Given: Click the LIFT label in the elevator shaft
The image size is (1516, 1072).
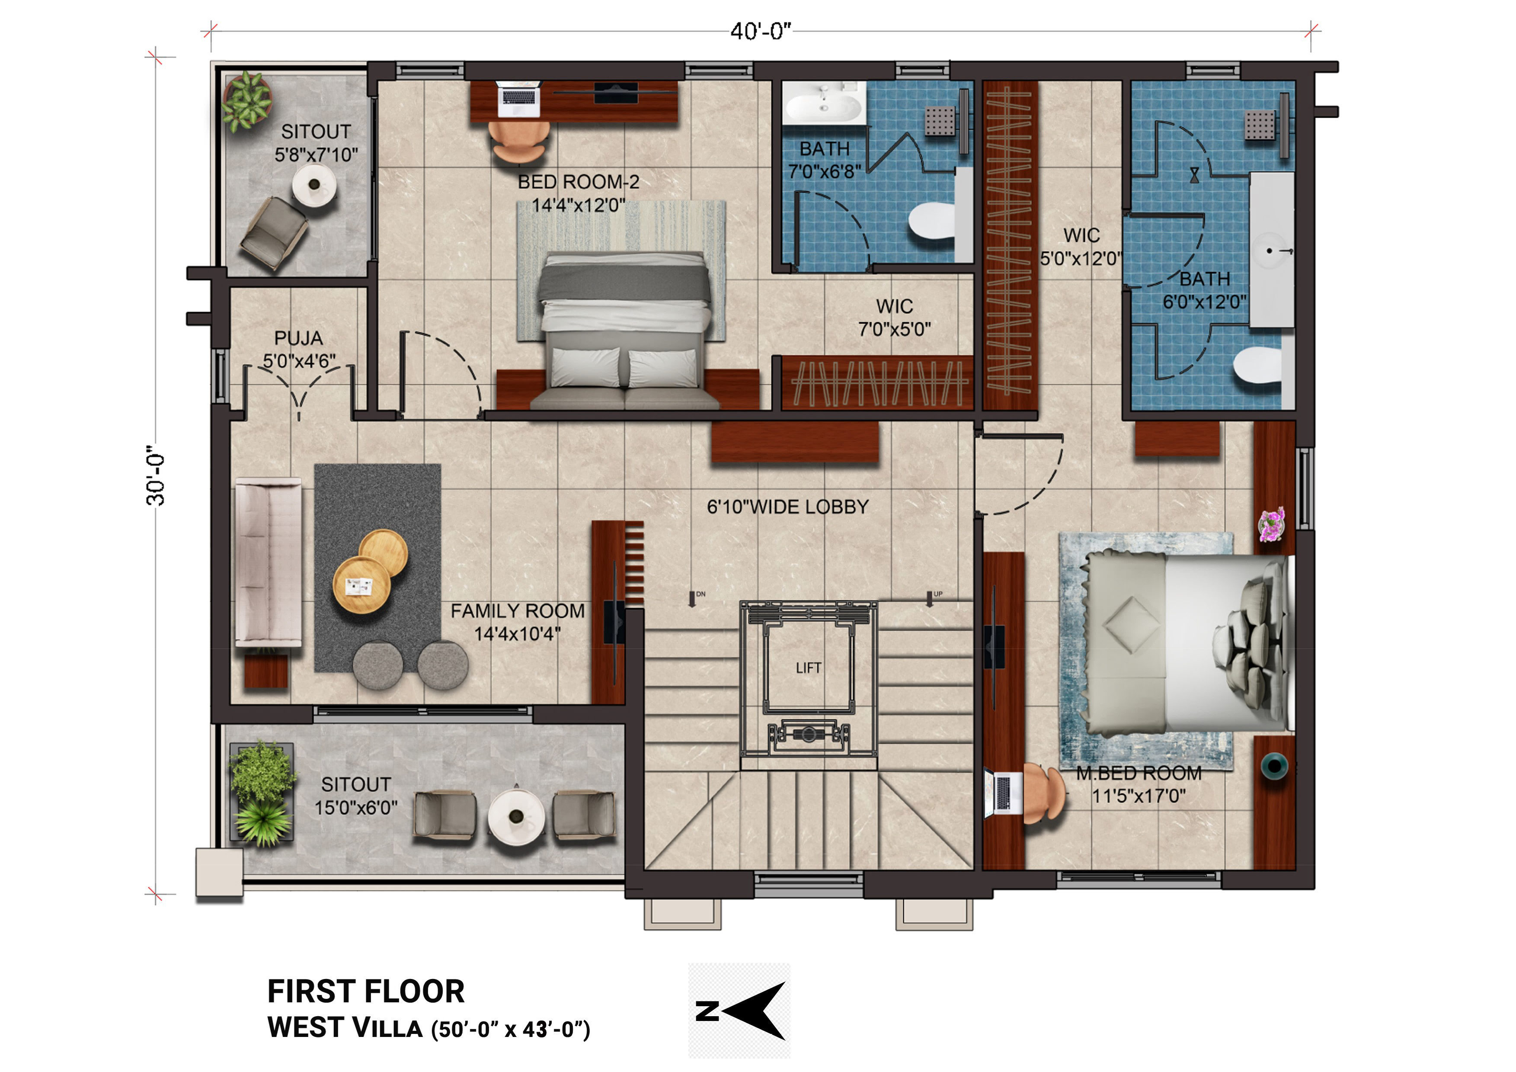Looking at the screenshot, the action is (808, 668).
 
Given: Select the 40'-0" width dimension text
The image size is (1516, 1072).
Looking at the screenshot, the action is (761, 31).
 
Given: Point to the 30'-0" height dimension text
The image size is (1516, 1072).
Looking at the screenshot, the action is (156, 475).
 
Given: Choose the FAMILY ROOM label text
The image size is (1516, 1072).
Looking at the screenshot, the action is (518, 611).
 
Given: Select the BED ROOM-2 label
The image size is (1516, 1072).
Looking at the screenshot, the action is (579, 182).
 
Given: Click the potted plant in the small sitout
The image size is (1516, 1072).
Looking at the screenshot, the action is (247, 102).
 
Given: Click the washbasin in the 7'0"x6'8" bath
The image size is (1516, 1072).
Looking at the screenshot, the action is (824, 104).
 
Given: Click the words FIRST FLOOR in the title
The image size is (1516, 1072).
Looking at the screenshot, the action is (366, 992).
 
